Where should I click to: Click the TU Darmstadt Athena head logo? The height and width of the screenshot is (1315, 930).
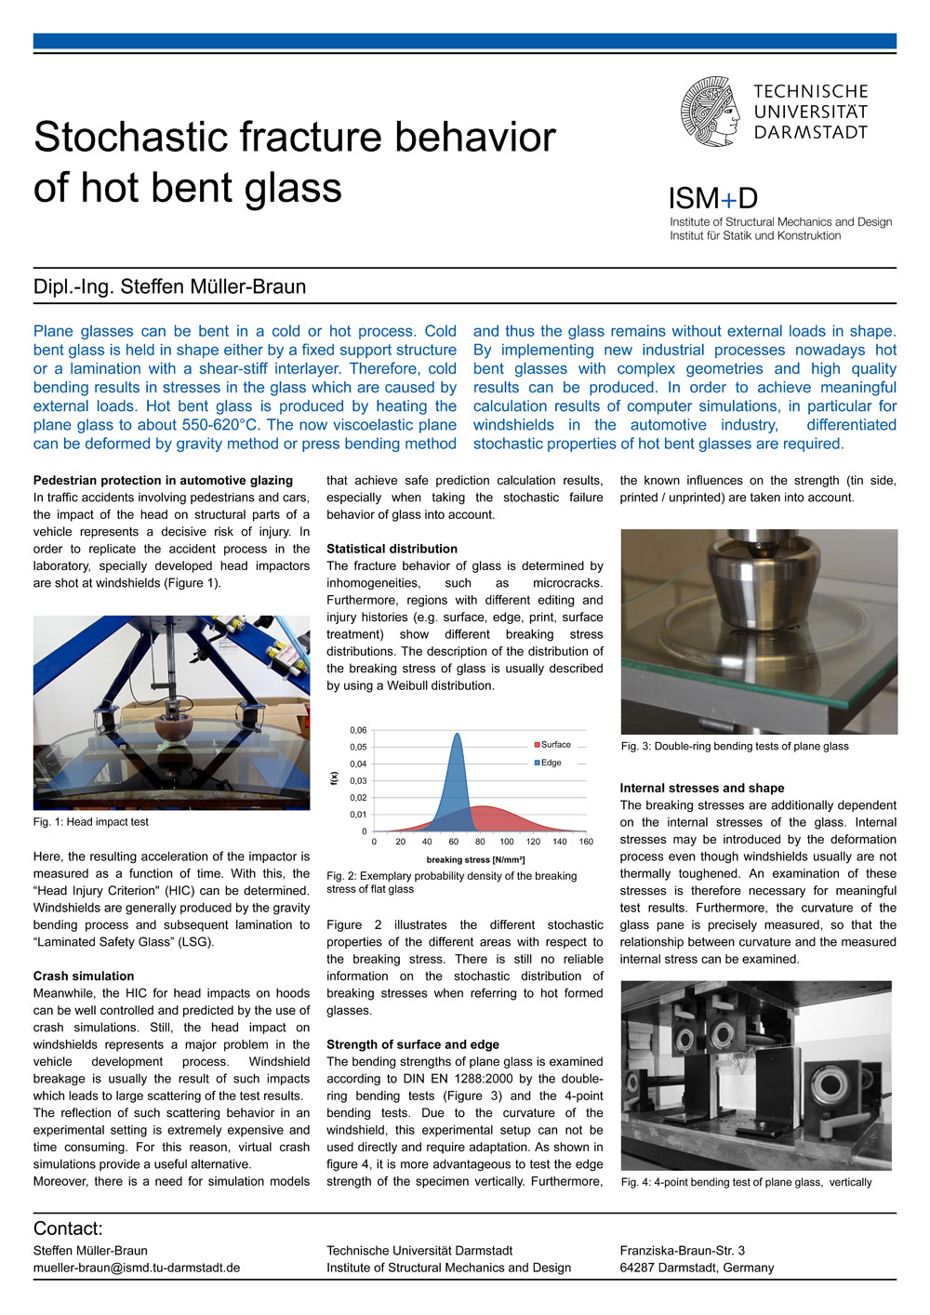tap(712, 112)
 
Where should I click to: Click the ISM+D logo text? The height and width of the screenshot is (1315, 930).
tap(712, 198)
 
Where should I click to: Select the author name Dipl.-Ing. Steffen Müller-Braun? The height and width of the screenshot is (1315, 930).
tap(169, 286)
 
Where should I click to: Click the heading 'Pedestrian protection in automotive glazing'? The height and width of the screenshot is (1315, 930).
tap(163, 481)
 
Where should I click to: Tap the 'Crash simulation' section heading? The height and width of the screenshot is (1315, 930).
tap(84, 976)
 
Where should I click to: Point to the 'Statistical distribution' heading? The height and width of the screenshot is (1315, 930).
tap(392, 549)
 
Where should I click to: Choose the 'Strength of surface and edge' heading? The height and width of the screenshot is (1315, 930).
tap(413, 1044)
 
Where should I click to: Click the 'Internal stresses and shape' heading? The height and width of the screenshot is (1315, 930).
tap(702, 788)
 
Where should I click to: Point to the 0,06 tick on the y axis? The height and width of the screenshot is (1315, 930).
tap(358, 730)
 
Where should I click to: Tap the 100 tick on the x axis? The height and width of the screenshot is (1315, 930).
tap(506, 842)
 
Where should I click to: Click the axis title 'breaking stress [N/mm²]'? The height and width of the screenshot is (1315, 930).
tap(475, 860)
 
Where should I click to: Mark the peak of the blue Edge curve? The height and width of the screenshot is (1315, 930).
tap(457, 735)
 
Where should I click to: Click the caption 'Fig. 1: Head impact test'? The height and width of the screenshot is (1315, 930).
tap(91, 822)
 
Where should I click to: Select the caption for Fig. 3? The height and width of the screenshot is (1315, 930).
tap(735, 746)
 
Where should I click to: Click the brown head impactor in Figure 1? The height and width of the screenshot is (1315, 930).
tap(171, 726)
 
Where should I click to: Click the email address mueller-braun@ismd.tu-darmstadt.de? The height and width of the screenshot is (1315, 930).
tap(137, 1268)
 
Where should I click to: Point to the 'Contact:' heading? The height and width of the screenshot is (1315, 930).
tap(68, 1229)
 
